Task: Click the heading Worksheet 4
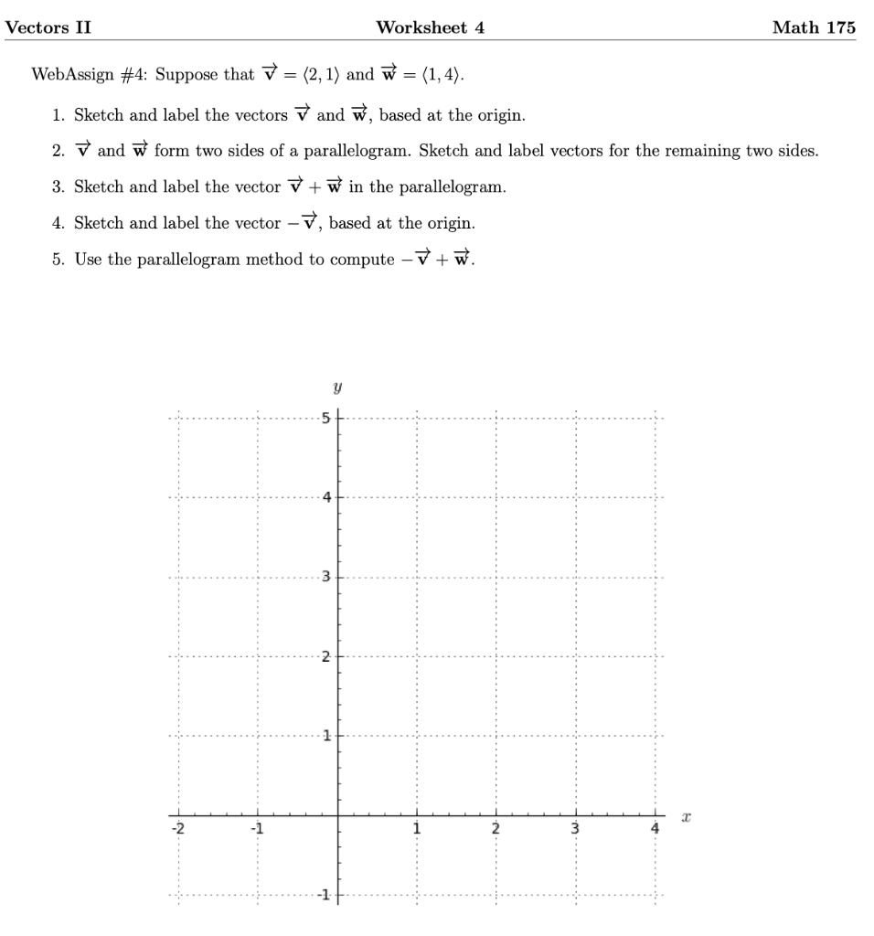(x=430, y=27)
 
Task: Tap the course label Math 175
(x=813, y=27)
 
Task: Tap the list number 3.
(x=58, y=187)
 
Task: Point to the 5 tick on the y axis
(x=325, y=419)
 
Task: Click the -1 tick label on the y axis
(x=323, y=893)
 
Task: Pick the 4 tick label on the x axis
(x=654, y=829)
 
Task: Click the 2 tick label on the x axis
(x=496, y=829)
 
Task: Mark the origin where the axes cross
(x=338, y=814)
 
